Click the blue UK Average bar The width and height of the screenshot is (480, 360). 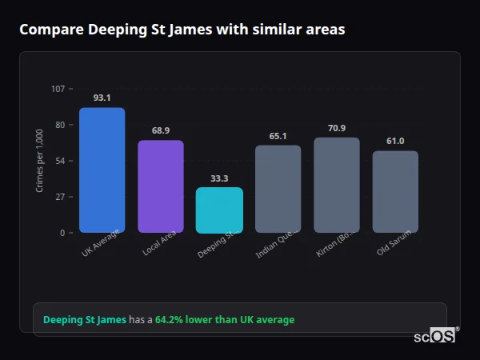[x=102, y=170]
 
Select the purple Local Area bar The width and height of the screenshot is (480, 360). [x=161, y=186]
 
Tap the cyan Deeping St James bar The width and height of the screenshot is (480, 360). [x=219, y=210]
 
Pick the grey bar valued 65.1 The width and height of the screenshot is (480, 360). [x=278, y=189]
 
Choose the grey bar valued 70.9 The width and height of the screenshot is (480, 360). [x=337, y=185]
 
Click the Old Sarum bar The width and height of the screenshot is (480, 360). [x=395, y=192]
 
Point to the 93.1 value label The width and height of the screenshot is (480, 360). [x=102, y=98]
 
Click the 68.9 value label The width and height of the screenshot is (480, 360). [x=161, y=130]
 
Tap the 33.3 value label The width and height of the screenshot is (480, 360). [x=219, y=178]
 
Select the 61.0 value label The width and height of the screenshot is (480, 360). [x=395, y=141]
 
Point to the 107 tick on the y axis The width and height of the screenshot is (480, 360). [x=58, y=88]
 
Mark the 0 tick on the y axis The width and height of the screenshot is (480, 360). [x=62, y=233]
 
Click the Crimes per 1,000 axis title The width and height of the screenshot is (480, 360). [x=40, y=161]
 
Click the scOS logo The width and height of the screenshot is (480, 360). [x=434, y=337]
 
